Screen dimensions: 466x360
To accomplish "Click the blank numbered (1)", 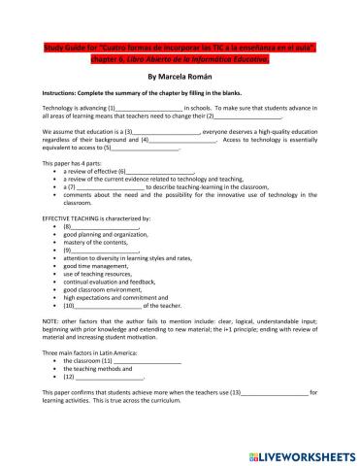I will (150, 107).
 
